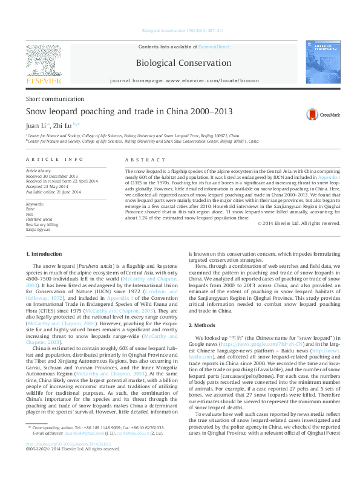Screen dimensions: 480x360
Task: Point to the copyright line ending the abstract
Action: tap(299, 223)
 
